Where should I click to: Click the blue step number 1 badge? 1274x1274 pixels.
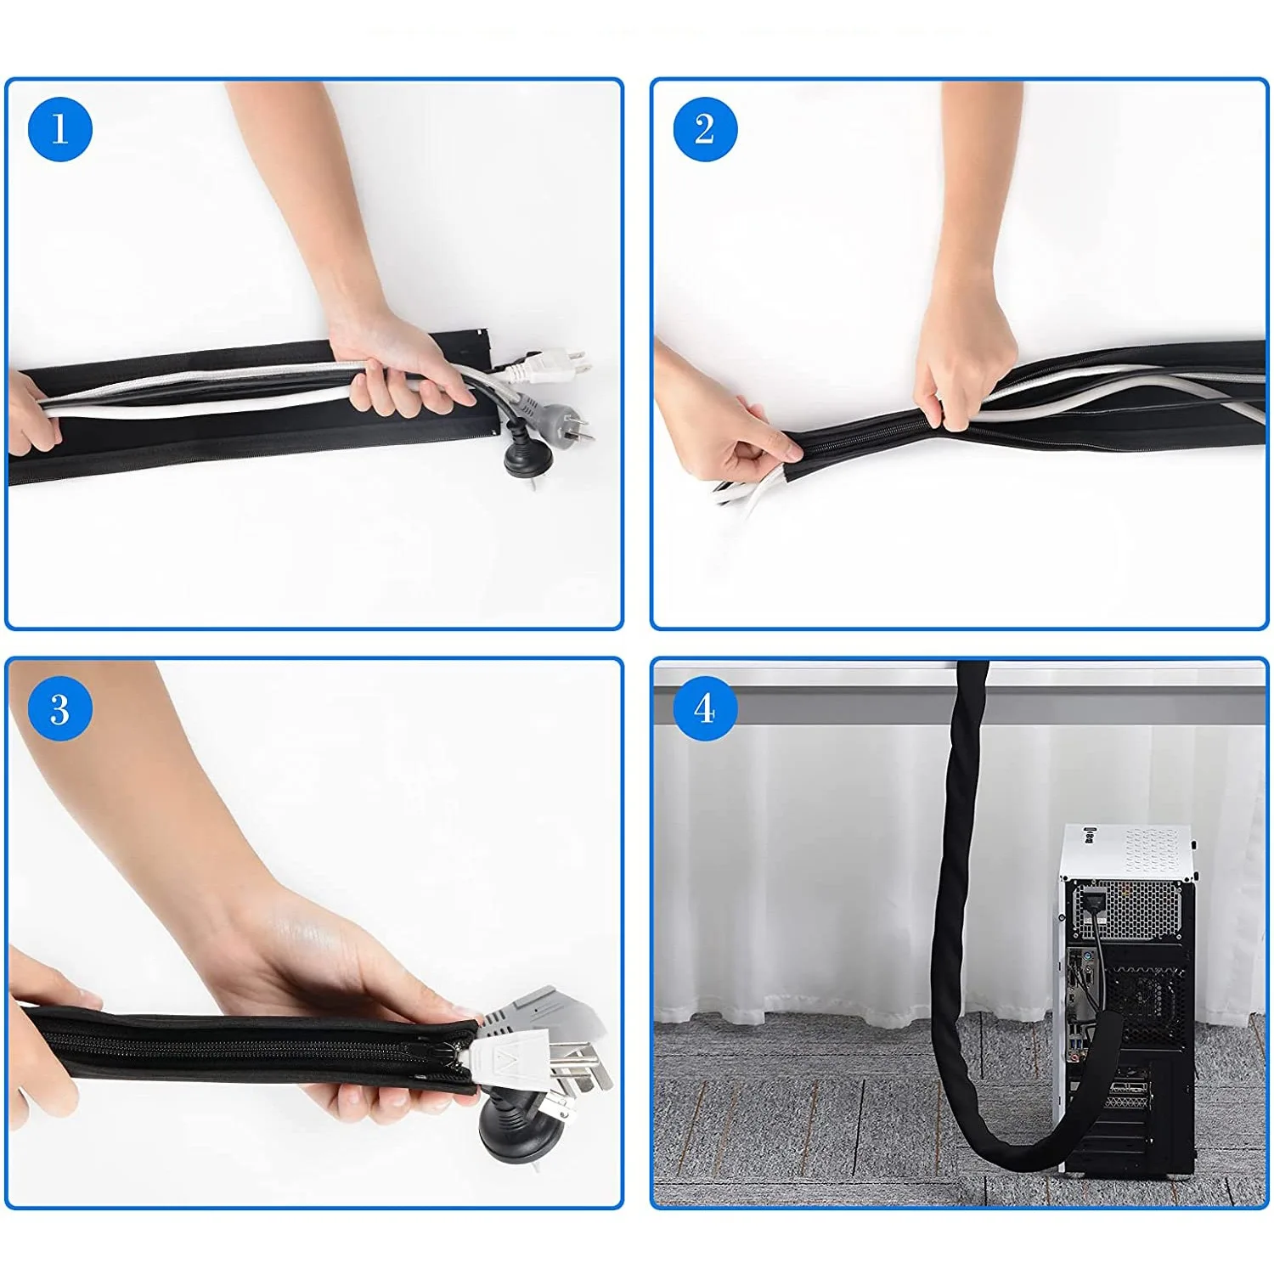click(x=59, y=129)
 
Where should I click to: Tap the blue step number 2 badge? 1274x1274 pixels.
click(x=705, y=129)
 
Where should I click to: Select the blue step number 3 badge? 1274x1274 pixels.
click(x=59, y=709)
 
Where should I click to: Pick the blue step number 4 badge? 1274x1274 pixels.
click(x=705, y=709)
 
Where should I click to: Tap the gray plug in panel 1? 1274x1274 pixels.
click(x=552, y=416)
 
